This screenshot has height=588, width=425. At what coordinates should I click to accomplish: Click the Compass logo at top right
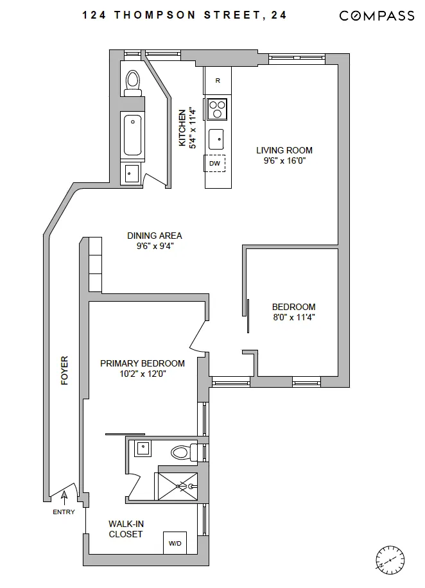point(376,16)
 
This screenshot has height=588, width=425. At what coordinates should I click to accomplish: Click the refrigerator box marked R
point(218,80)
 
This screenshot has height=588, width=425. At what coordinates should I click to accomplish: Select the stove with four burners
point(218,108)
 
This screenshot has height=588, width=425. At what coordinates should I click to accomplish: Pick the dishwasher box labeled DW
point(215,163)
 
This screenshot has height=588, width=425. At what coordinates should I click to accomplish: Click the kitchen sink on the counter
point(218,136)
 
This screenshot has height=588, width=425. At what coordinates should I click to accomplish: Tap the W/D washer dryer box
point(175,543)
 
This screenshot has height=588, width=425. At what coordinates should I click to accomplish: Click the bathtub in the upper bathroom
point(133,135)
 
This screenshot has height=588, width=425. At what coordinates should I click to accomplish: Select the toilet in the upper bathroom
point(133,82)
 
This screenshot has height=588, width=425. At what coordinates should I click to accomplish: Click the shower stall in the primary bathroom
point(178,486)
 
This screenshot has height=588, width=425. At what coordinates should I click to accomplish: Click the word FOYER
point(64,370)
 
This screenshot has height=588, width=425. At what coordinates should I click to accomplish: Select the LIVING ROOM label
point(284,151)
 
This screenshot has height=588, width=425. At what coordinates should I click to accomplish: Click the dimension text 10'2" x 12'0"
point(143,374)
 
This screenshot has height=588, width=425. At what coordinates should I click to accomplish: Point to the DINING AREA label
point(154,236)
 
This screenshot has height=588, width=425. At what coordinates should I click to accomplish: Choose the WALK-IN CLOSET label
point(125,529)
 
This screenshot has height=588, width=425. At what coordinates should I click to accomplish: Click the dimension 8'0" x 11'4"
point(293,317)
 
